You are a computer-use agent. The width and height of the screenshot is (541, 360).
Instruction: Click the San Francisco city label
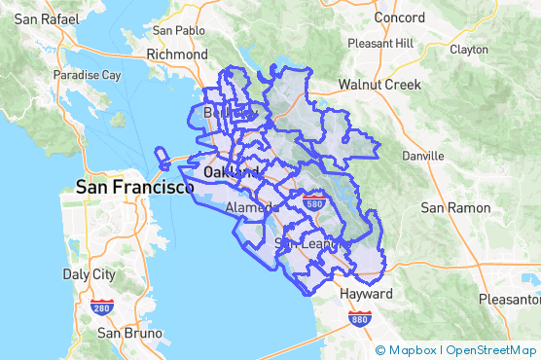tap(135, 187)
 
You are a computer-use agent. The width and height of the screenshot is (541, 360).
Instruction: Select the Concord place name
tap(400, 18)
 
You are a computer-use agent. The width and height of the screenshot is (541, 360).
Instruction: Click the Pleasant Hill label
tap(379, 44)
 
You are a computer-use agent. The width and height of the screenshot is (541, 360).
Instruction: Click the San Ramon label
tap(453, 207)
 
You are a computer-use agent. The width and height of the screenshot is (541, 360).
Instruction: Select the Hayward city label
tap(366, 293)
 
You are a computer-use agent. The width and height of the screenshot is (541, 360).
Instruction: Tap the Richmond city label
tap(177, 55)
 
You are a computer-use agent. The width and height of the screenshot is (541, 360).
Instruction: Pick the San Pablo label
tap(178, 30)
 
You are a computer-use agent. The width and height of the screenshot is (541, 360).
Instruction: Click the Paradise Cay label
tap(87, 75)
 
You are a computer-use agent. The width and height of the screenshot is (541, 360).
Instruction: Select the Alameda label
tap(252, 208)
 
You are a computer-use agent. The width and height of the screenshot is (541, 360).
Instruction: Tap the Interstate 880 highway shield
tap(360, 318)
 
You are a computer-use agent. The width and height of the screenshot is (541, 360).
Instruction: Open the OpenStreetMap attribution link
tap(491, 350)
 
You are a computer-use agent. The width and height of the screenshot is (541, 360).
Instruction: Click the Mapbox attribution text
tap(412, 350)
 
